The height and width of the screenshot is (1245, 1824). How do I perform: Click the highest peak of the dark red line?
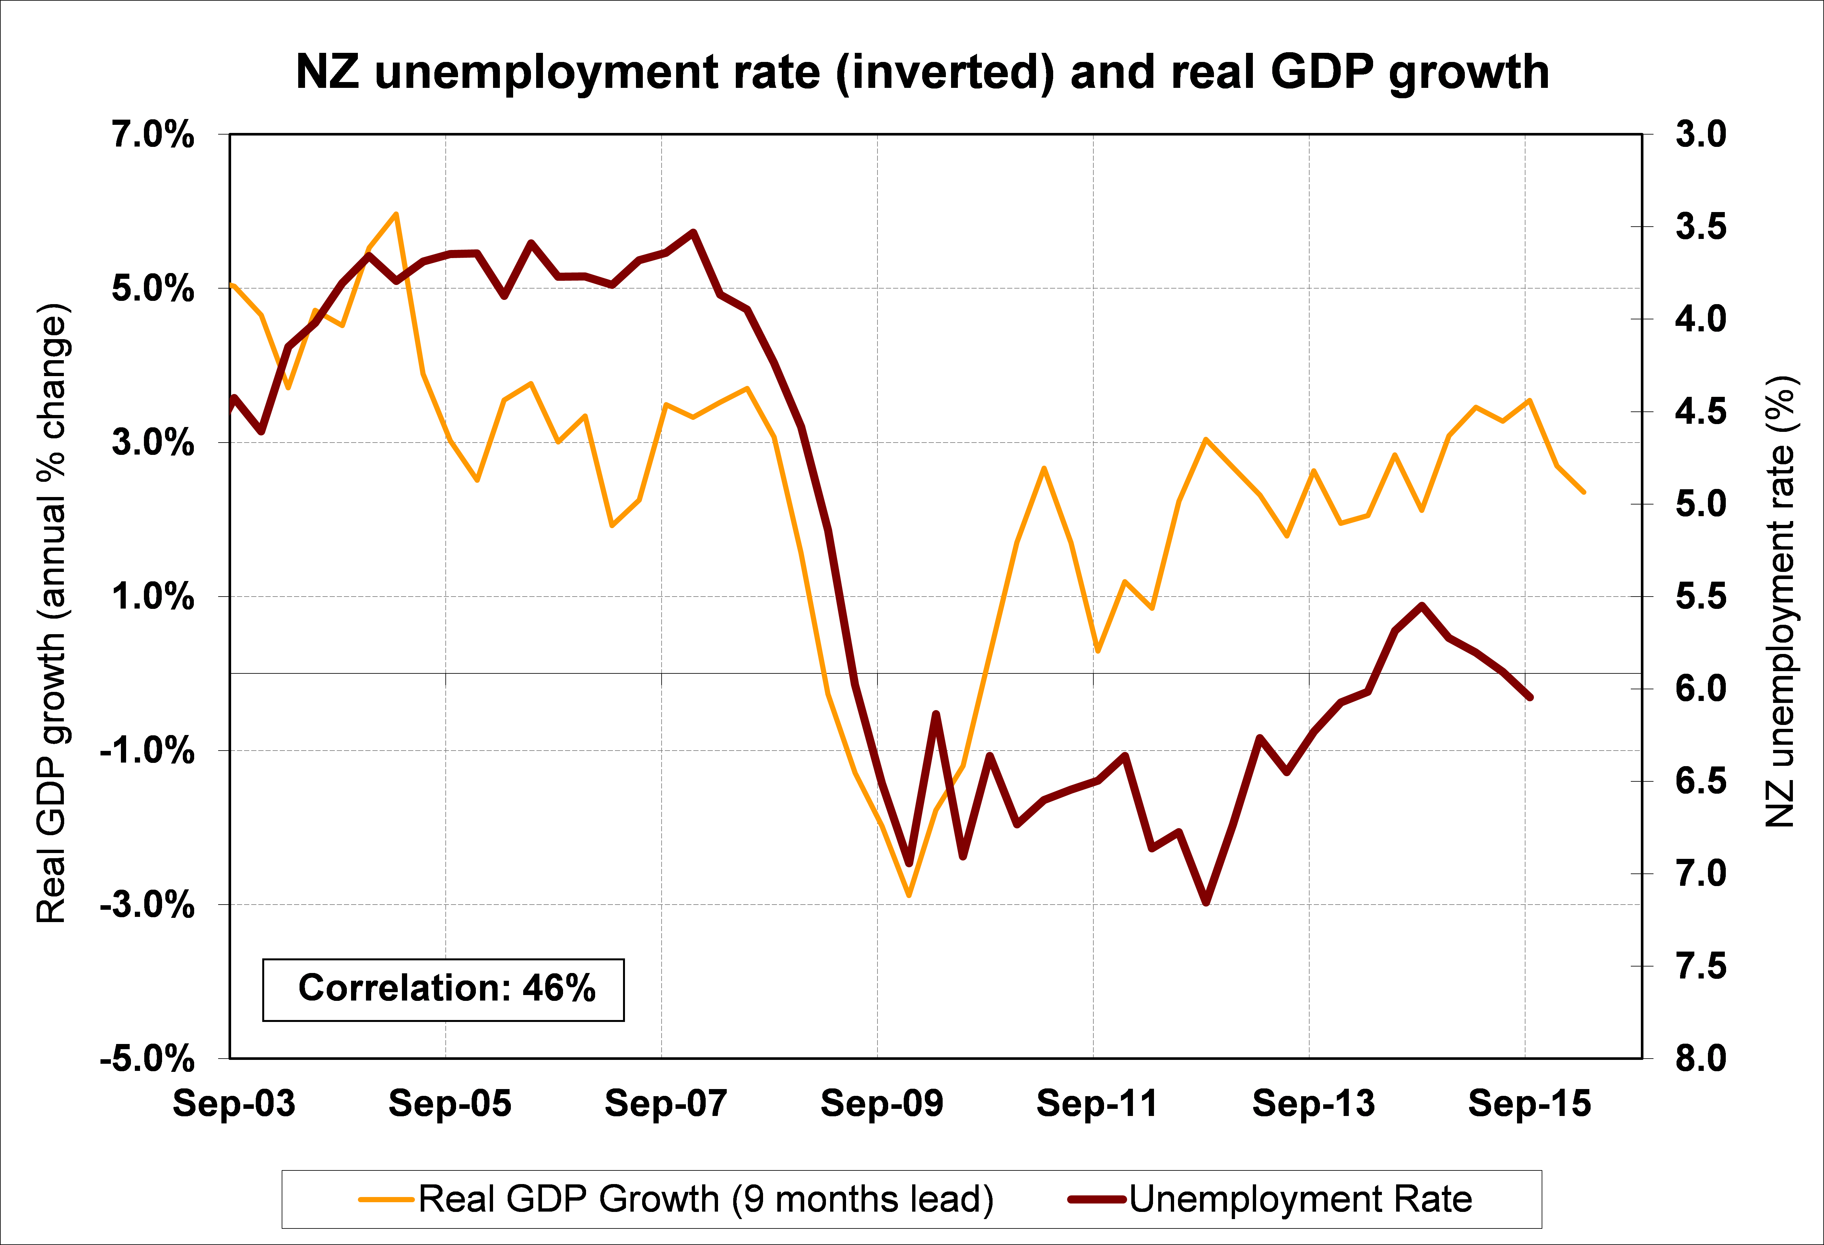click(x=693, y=232)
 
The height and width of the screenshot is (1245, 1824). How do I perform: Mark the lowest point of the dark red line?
click(x=1206, y=903)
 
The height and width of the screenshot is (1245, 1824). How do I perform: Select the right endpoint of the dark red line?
click(x=1530, y=697)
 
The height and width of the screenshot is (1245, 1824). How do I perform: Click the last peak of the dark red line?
click(x=1421, y=605)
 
